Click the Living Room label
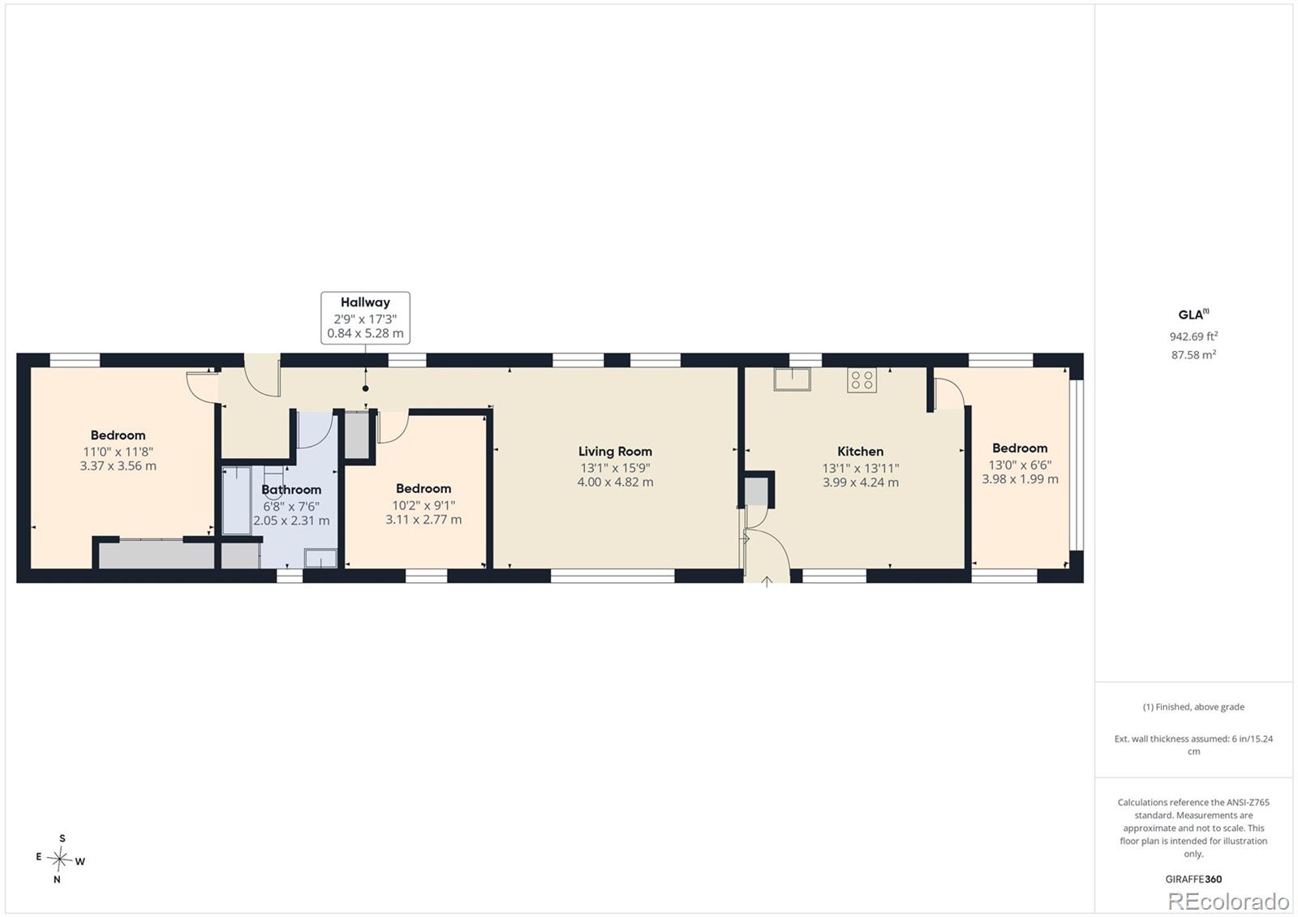pyautogui.click(x=615, y=452)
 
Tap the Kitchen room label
pyautogui.click(x=861, y=452)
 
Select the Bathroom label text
pyautogui.click(x=291, y=490)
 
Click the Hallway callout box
pyautogui.click(x=365, y=318)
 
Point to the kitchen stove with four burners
pyautogui.click(x=862, y=380)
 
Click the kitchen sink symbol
pyautogui.click(x=792, y=379)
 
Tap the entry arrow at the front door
pyautogui.click(x=767, y=581)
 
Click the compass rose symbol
pyautogui.click(x=60, y=859)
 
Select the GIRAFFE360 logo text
pyautogui.click(x=1193, y=879)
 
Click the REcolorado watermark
pyautogui.click(x=1228, y=902)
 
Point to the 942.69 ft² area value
pyautogui.click(x=1193, y=336)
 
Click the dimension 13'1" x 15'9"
pyautogui.click(x=615, y=468)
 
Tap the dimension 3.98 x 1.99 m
pyautogui.click(x=1020, y=479)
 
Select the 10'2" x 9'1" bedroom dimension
pyautogui.click(x=423, y=505)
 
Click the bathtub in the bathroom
pyautogui.click(x=237, y=501)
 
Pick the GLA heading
pyautogui.click(x=1193, y=315)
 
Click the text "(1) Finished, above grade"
pyautogui.click(x=1193, y=707)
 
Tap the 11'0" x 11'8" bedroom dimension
pyautogui.click(x=118, y=452)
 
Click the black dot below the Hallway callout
pyautogui.click(x=365, y=388)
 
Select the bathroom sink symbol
pyautogui.click(x=320, y=559)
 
